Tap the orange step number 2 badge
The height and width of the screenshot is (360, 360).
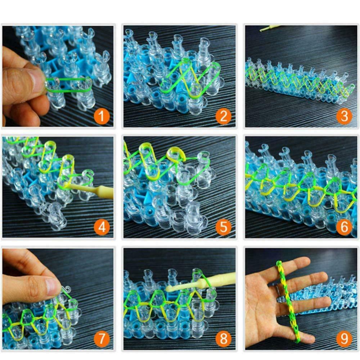(223, 117)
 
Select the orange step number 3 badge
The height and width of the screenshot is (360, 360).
(344, 117)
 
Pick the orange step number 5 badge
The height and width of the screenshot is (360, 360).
(223, 227)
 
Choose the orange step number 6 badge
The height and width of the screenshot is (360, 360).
(344, 227)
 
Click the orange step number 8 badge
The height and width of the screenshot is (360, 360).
(223, 338)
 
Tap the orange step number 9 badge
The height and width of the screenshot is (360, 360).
(344, 338)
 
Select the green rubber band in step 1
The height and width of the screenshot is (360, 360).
(68, 85)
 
